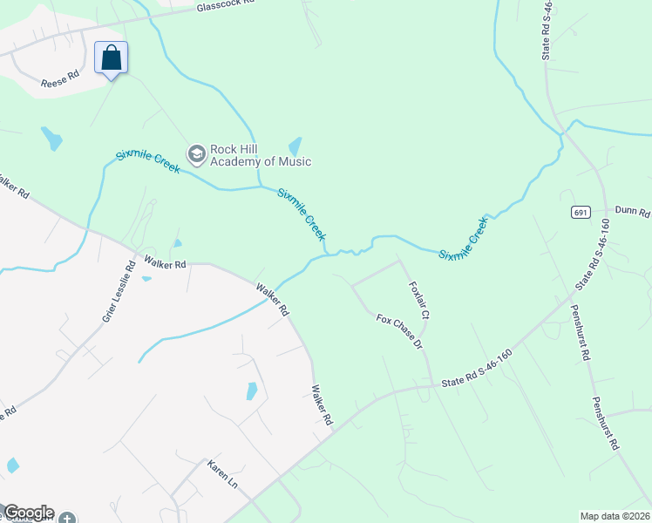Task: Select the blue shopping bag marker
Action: coord(111,58)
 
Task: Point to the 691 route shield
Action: coord(581,213)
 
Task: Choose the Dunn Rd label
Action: coord(632,212)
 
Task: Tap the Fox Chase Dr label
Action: coord(399,332)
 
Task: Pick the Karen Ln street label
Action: coord(221,475)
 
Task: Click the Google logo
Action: coord(28,513)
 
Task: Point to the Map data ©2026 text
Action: coord(615,516)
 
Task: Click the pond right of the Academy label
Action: coord(295,146)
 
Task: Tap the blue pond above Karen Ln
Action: coord(251,391)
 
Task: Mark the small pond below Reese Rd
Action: coord(52,138)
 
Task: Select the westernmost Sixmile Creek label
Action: coord(147,161)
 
